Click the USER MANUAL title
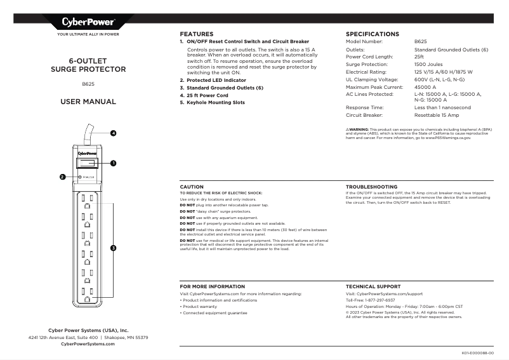(88, 102)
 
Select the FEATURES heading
(197, 34)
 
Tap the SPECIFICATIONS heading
(372, 34)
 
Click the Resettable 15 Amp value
(437, 116)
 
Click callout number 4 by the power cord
(113, 133)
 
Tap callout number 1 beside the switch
(113, 164)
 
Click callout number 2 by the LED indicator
(62, 177)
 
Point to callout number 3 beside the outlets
(113, 248)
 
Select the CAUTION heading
(192, 187)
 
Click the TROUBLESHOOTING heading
(371, 187)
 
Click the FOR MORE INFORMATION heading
(212, 287)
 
